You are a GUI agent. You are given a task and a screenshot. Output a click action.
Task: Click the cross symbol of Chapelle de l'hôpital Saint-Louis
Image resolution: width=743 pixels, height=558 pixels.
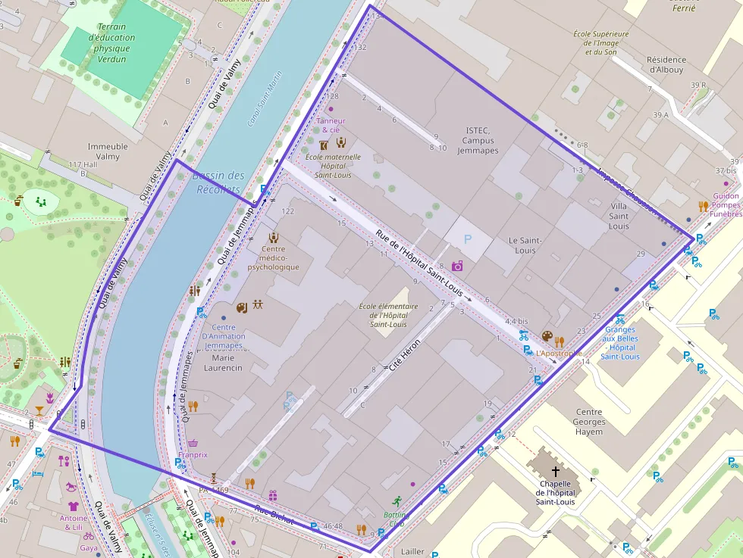556,470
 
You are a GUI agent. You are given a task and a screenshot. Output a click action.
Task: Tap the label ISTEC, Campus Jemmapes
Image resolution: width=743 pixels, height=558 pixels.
478,140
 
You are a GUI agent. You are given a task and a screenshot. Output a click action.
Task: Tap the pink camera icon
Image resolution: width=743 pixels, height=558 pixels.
457,266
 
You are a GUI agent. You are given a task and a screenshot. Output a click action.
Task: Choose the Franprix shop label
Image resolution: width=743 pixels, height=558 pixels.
193,454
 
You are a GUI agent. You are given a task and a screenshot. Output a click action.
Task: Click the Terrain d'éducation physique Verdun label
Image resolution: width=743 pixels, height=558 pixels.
111,42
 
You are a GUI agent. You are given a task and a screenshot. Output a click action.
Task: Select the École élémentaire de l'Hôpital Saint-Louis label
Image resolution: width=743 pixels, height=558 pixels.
388,315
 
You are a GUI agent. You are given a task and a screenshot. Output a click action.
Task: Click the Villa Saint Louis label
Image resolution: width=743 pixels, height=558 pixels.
619,216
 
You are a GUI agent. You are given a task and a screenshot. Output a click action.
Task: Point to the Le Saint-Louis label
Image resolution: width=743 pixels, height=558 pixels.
525,245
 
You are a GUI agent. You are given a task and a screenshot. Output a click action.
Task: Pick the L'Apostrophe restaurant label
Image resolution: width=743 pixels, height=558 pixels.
559,353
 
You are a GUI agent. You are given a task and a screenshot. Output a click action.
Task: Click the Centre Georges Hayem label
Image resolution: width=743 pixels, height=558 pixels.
589,422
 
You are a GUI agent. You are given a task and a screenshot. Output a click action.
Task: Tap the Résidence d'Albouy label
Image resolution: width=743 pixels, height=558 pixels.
666,64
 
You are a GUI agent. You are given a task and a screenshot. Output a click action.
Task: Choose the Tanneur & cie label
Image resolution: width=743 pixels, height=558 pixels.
331,125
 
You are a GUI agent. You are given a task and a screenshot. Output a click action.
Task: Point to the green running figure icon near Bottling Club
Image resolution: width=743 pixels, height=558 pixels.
397,500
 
